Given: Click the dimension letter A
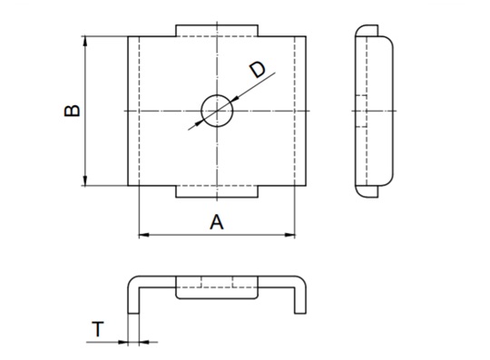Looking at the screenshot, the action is tap(217, 222).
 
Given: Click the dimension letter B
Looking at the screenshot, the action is tap(73, 111).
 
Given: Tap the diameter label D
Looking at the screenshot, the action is tap(257, 70).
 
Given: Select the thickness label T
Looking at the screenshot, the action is tap(98, 329).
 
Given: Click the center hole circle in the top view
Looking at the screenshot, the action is tap(217, 95).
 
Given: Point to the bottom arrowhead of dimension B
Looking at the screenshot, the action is tap(85, 180).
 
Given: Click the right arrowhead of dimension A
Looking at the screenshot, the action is tap(289, 235).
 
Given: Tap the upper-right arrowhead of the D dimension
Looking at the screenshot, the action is tap(235, 99).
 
